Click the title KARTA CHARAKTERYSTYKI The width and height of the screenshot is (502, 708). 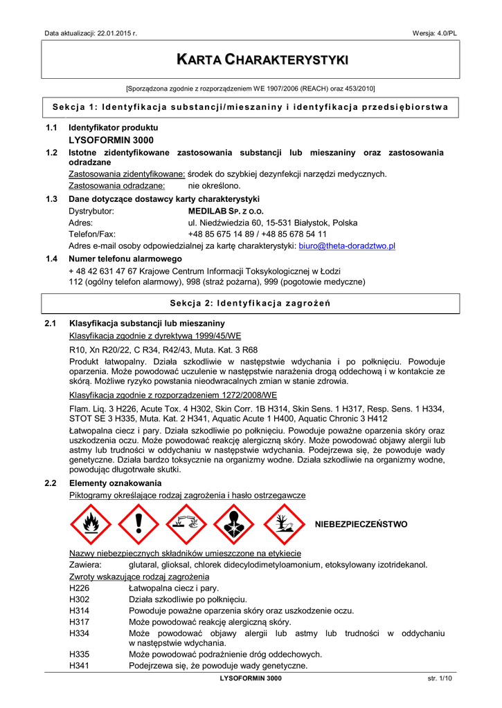pos(251,60)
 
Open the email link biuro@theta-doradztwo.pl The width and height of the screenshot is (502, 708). pos(346,245)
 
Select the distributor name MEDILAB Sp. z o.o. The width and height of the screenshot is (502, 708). pos(226,211)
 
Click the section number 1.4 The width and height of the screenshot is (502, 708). pos(51,259)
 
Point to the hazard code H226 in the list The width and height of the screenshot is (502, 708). pos(79,588)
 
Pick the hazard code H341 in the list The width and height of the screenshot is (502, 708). pos(79,666)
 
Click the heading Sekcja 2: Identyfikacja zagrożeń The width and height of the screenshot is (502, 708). pos(251,304)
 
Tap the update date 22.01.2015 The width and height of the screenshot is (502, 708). pos(114,33)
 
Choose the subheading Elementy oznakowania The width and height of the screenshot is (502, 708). pos(115,483)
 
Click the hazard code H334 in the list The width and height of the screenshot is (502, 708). pos(79,633)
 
